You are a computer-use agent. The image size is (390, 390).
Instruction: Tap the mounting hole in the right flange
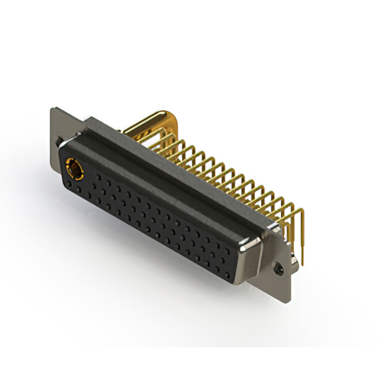pos(280,267)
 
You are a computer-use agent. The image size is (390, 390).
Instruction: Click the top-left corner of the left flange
pos(52,110)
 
